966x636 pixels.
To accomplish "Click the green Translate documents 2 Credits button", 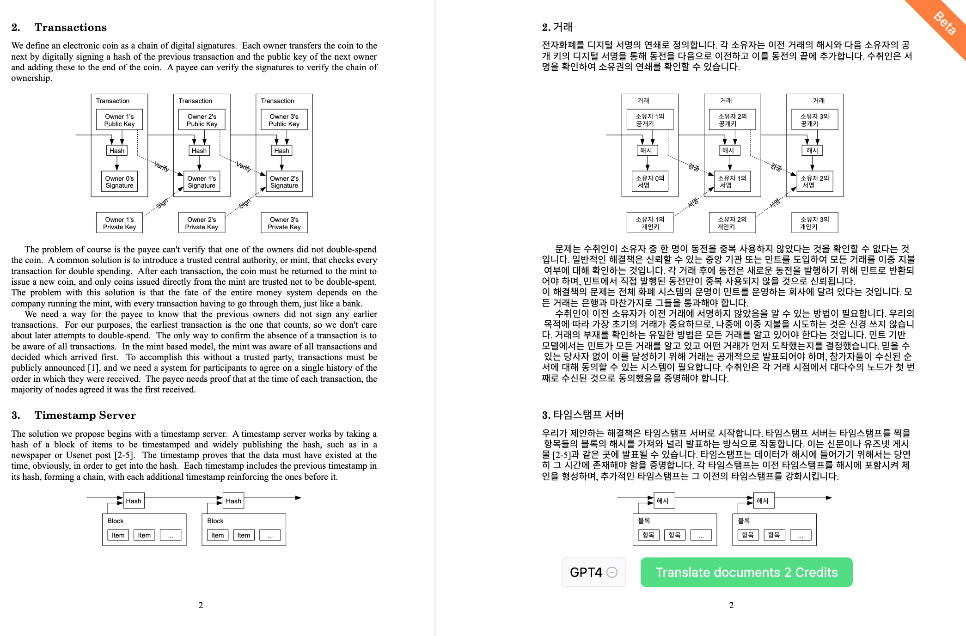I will (746, 572).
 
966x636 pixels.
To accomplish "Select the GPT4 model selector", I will (593, 572).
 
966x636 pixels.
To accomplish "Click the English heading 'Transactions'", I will (70, 27).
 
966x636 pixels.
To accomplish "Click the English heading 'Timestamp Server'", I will (85, 415).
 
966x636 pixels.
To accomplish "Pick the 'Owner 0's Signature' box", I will (119, 182).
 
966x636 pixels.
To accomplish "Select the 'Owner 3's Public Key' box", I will (284, 120).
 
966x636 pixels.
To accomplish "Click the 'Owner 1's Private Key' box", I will (119, 223).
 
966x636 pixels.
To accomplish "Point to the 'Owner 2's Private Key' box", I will (202, 223).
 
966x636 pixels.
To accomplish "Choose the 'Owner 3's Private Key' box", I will (284, 223).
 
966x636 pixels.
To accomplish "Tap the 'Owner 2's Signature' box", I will (284, 182).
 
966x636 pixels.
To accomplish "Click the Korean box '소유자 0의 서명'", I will (649, 182).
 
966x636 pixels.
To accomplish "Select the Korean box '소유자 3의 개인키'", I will (814, 223).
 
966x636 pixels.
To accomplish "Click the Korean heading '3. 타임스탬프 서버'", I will (583, 415).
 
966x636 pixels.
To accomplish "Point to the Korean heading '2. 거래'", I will (557, 27).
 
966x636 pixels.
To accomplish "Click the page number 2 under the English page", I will (201, 605).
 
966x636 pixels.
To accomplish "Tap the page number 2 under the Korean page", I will (731, 605).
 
